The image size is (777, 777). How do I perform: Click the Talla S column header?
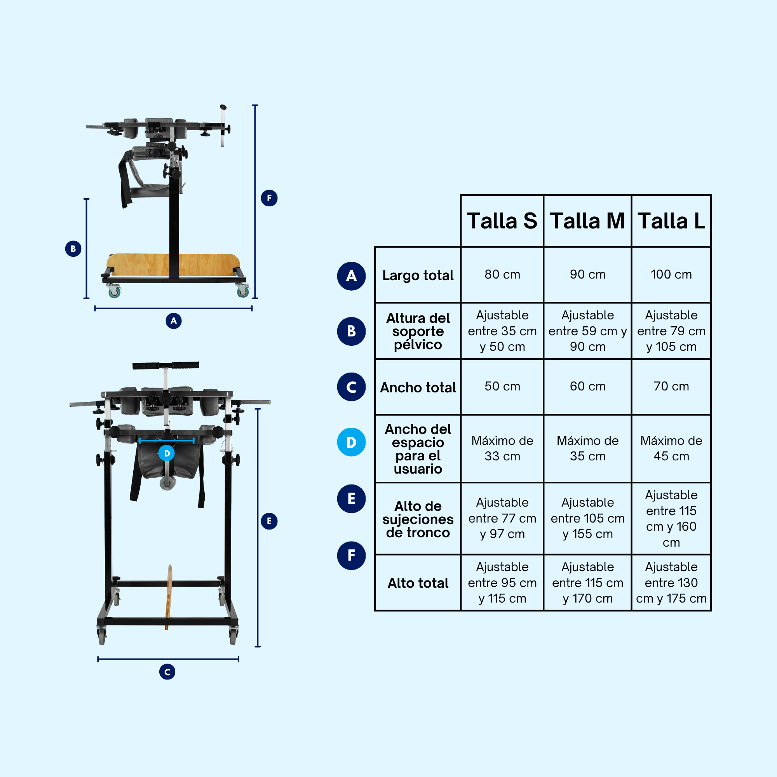tap(502, 221)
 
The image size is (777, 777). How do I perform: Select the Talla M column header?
tap(587, 221)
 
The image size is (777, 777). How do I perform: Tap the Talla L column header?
tap(671, 221)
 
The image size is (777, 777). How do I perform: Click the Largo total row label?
tap(418, 275)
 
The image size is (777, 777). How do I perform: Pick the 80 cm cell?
tap(502, 274)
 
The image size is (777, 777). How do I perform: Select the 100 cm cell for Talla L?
tap(671, 274)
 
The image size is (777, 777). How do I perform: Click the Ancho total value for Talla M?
tap(587, 386)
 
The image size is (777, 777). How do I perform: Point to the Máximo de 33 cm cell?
tap(502, 448)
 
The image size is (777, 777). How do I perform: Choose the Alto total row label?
tap(418, 583)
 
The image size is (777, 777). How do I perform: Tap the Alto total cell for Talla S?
tap(502, 582)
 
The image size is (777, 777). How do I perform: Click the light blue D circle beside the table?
tap(352, 442)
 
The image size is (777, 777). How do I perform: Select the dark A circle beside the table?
tap(352, 276)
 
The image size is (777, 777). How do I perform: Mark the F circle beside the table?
tap(352, 556)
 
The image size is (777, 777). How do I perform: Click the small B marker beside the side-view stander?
tap(73, 249)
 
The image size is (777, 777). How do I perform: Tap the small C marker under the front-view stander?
tap(167, 672)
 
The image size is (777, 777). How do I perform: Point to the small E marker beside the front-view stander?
tap(269, 521)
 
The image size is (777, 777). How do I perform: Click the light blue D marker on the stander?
tap(167, 453)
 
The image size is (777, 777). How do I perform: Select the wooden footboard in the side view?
tap(173, 265)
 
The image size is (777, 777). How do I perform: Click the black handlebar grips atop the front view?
tap(166, 365)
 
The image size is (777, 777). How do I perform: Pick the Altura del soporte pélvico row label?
tap(418, 331)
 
